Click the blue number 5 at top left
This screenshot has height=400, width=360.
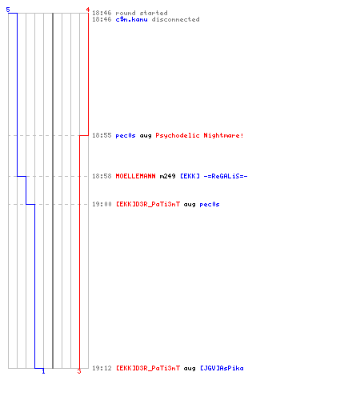click(8, 10)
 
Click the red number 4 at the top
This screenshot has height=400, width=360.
click(88, 10)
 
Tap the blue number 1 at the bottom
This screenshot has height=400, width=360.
click(43, 371)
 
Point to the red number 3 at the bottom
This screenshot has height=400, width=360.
click(79, 371)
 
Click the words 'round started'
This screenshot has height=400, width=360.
click(142, 13)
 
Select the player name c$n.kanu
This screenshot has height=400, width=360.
click(131, 19)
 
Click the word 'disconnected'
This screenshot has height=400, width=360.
click(175, 19)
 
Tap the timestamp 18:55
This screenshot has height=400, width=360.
click(102, 135)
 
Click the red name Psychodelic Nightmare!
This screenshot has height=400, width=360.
click(199, 135)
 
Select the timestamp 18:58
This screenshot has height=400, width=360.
click(102, 176)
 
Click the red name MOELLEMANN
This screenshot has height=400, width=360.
click(135, 176)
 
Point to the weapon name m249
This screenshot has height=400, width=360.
click(167, 176)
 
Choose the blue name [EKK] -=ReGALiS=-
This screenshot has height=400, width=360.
click(214, 176)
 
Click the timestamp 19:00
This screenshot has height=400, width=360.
click(102, 204)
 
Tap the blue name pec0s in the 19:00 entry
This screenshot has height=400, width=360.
click(210, 205)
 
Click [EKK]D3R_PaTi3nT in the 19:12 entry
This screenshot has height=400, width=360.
click(148, 368)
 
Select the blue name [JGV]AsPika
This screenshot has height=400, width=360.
click(222, 368)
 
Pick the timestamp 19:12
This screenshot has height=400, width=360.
click(102, 368)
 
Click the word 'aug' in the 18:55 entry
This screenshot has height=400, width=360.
click(146, 136)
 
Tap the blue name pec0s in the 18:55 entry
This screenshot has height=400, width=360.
click(126, 136)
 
